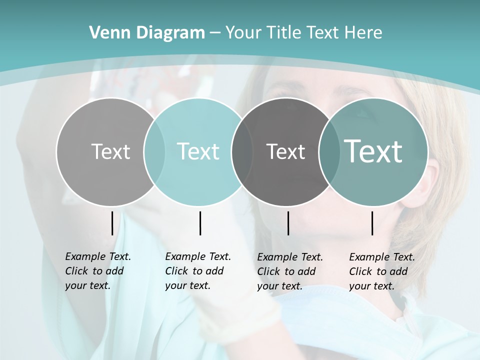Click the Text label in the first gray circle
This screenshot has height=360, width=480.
[110, 151]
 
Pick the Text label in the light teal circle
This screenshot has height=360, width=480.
[198, 151]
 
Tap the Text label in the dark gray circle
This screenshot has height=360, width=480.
[285, 151]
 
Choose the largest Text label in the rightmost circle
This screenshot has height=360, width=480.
[373, 151]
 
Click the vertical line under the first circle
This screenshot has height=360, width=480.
[112, 223]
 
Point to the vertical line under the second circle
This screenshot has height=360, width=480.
[200, 223]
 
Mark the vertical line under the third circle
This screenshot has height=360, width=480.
[288, 223]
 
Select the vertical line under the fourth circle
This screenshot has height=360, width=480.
[372, 223]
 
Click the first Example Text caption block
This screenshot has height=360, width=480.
[98, 271]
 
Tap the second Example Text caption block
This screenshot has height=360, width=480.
[198, 271]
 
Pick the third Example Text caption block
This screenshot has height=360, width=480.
[290, 271]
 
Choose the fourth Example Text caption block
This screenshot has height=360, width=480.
[382, 271]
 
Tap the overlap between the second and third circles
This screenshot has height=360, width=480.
[242, 151]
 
